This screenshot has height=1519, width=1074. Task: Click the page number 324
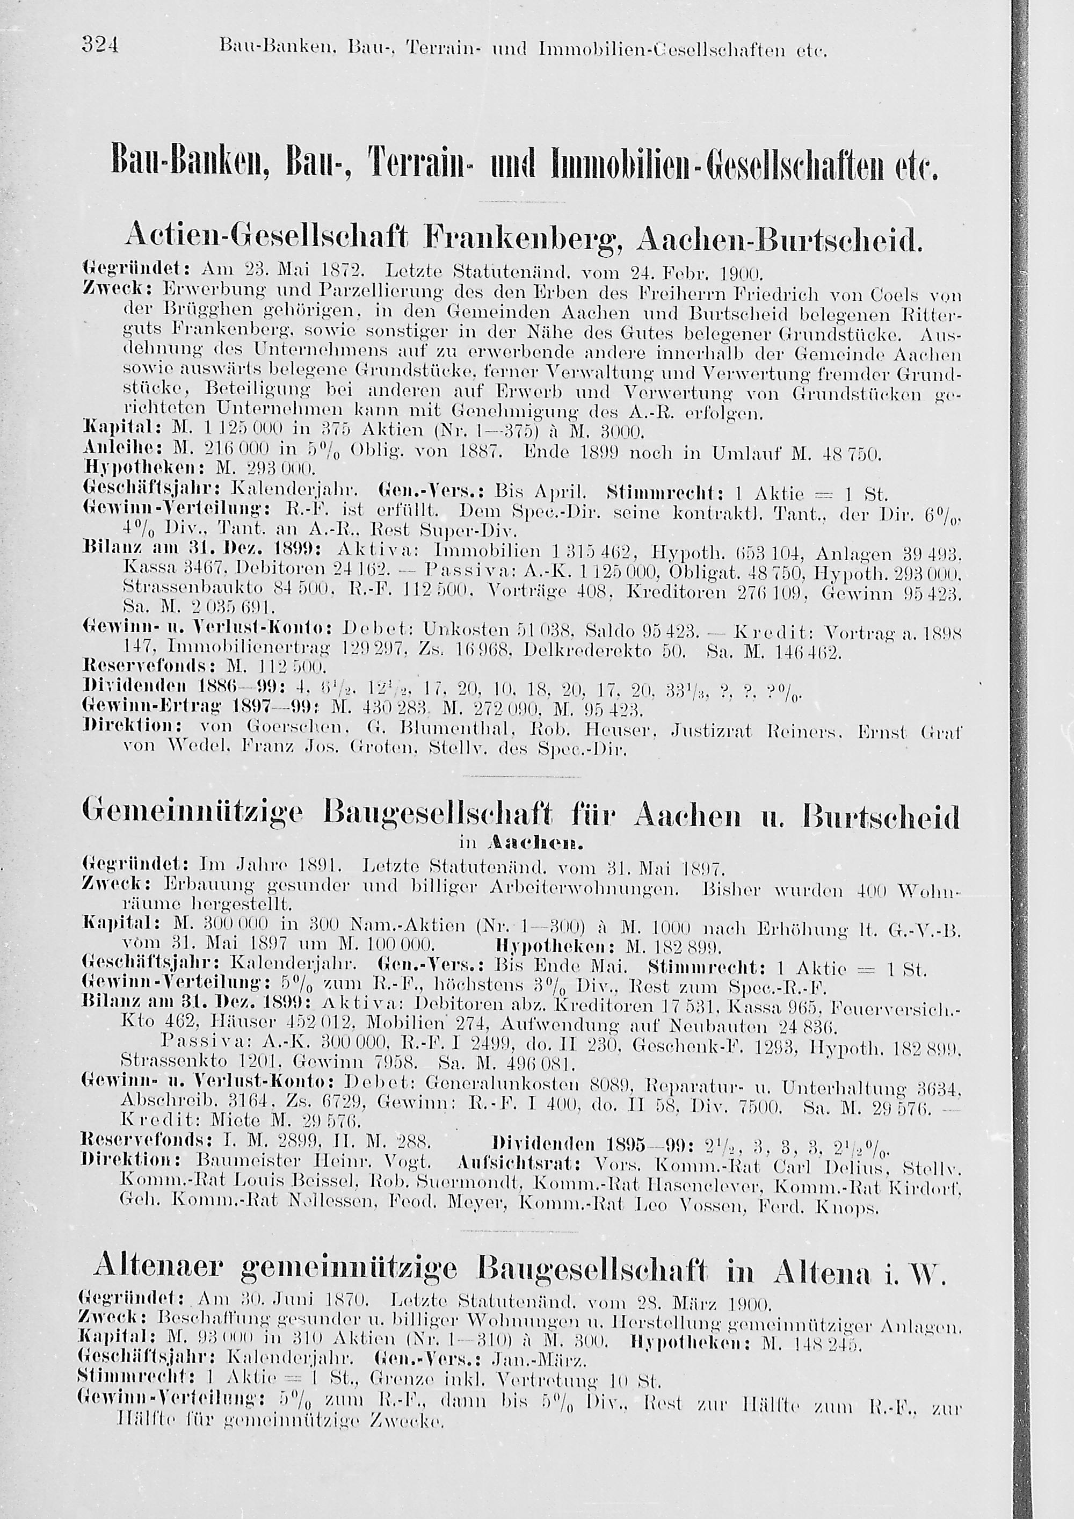point(100,45)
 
